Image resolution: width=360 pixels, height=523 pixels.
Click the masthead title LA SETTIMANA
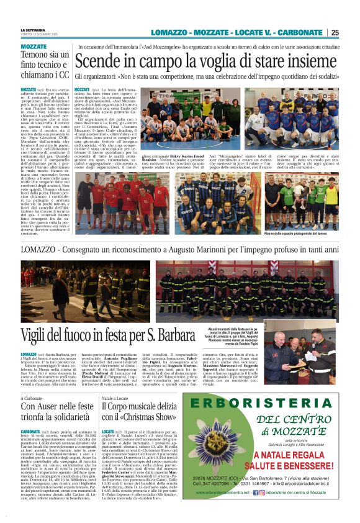[x=33, y=29]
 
